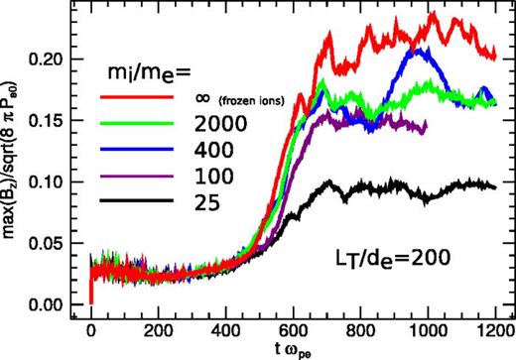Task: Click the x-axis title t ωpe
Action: click(x=295, y=351)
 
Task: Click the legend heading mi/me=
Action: click(x=146, y=73)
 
